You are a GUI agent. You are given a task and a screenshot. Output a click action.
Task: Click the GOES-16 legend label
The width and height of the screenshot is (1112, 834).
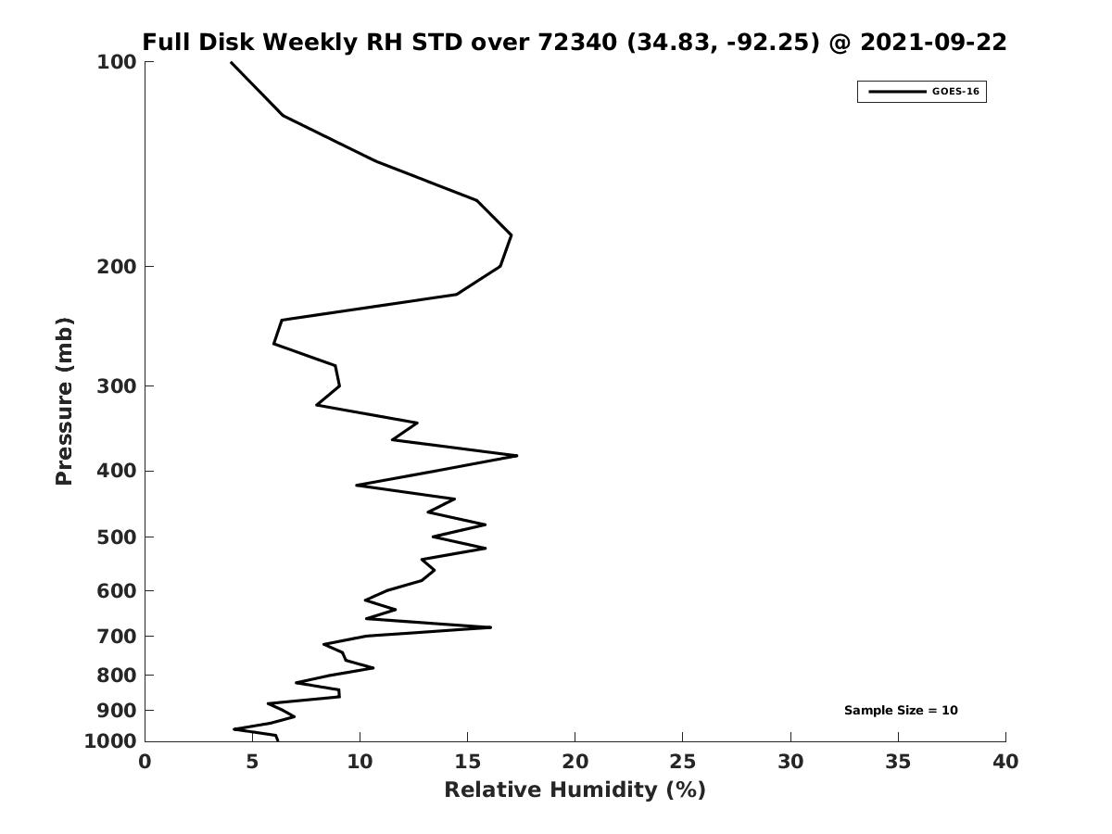pyautogui.click(x=954, y=92)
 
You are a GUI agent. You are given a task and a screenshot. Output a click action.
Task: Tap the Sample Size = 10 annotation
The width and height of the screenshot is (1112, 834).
pyautogui.click(x=901, y=711)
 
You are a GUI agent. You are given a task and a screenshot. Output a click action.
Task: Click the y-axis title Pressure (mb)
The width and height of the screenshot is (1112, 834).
pyautogui.click(x=64, y=401)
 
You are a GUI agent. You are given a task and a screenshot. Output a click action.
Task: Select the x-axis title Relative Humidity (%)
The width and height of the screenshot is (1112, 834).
pyautogui.click(x=575, y=790)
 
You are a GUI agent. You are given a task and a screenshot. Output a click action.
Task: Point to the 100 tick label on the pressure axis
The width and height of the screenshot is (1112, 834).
pyautogui.click(x=117, y=62)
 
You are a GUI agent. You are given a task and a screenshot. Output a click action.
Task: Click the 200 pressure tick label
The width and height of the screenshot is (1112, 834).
pyautogui.click(x=117, y=267)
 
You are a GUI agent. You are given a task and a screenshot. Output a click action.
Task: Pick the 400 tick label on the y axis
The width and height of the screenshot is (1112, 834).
pyautogui.click(x=117, y=471)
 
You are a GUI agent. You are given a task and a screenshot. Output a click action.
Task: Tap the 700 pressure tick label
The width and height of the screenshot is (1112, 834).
pyautogui.click(x=117, y=636)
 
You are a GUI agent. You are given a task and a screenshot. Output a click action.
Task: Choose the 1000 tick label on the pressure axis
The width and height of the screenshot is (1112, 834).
pyautogui.click(x=111, y=741)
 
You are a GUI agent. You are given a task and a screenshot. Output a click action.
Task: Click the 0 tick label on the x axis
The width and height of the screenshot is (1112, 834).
pyautogui.click(x=145, y=763)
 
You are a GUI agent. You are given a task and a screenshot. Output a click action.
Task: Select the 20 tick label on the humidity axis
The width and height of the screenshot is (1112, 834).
pyautogui.click(x=575, y=763)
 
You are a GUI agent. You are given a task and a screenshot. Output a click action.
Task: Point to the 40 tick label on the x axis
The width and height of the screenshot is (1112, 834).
pyautogui.click(x=1005, y=763)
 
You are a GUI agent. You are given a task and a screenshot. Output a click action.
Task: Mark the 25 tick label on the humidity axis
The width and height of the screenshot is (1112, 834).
pyautogui.click(x=683, y=763)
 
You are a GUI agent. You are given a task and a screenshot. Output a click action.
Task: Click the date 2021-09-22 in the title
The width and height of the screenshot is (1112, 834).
pyautogui.click(x=933, y=43)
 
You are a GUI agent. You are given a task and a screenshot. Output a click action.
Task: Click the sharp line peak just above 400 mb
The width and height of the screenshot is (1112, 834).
pyautogui.click(x=516, y=455)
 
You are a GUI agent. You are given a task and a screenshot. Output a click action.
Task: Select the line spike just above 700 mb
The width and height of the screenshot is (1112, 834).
pyautogui.click(x=490, y=627)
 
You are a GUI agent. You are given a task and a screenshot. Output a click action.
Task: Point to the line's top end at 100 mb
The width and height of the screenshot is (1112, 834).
pyautogui.click(x=231, y=62)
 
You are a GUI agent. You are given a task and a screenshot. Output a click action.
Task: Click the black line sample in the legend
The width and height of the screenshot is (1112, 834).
pyautogui.click(x=896, y=92)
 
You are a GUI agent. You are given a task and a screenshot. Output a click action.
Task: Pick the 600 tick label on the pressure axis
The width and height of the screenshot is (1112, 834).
pyautogui.click(x=117, y=590)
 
